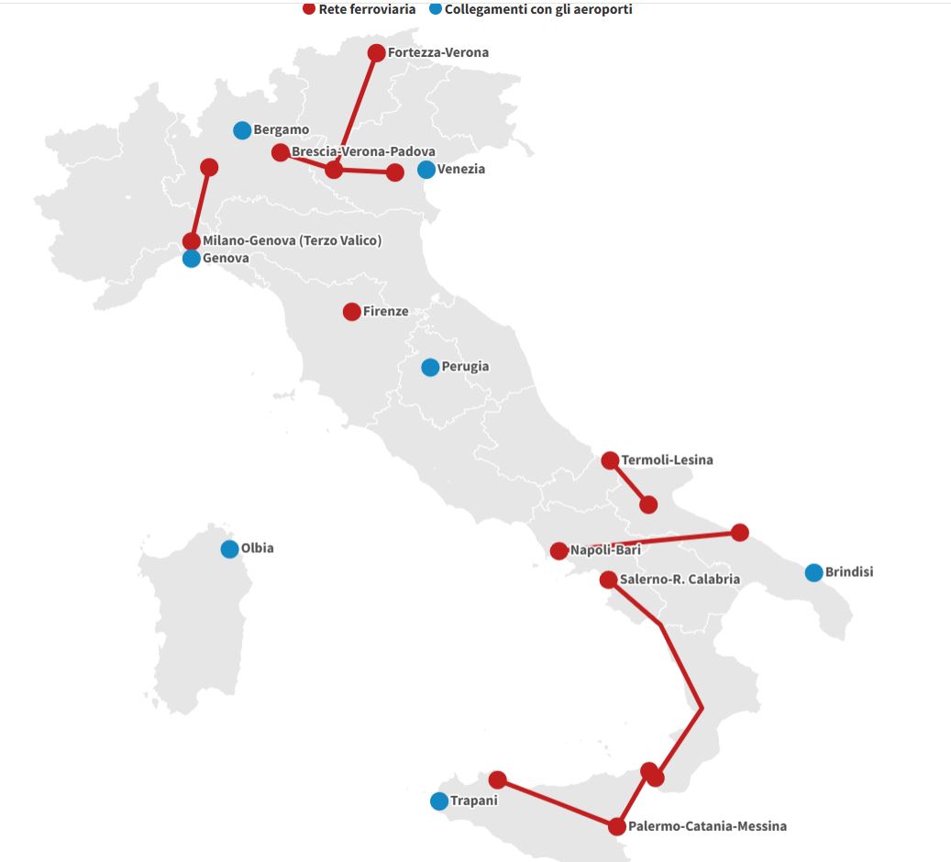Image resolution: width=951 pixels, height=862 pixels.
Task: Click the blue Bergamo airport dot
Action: [242, 130]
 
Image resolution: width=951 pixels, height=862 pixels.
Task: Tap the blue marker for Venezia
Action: [426, 170]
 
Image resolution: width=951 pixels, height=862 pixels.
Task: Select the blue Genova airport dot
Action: [192, 259]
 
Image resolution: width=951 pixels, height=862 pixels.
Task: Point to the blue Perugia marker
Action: [430, 367]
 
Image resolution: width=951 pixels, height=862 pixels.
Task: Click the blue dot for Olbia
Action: [229, 549]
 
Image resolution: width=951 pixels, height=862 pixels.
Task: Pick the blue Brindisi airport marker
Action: [813, 572]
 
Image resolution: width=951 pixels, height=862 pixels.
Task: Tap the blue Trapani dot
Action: [439, 801]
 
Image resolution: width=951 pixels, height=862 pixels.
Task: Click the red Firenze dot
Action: [351, 312]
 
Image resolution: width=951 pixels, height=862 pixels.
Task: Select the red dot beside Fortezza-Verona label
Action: [376, 53]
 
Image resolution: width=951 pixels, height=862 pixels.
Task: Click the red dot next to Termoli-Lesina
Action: [610, 460]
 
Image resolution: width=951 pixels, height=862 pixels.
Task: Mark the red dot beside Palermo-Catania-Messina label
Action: [617, 826]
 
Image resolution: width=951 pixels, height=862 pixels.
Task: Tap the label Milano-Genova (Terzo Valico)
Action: [292, 241]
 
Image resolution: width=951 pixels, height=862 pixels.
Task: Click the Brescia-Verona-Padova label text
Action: [363, 151]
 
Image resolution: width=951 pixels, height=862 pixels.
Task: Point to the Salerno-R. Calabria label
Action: [680, 580]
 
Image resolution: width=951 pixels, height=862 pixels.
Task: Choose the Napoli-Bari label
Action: [605, 550]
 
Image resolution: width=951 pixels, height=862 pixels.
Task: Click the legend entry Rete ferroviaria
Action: [367, 9]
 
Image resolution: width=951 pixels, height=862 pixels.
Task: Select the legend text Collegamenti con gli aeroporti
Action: [538, 9]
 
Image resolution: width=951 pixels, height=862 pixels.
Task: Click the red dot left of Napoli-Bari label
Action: [558, 551]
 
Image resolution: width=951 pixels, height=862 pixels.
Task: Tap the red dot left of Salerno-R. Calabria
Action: [608, 580]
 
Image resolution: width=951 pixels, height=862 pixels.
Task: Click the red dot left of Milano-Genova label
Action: [192, 241]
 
